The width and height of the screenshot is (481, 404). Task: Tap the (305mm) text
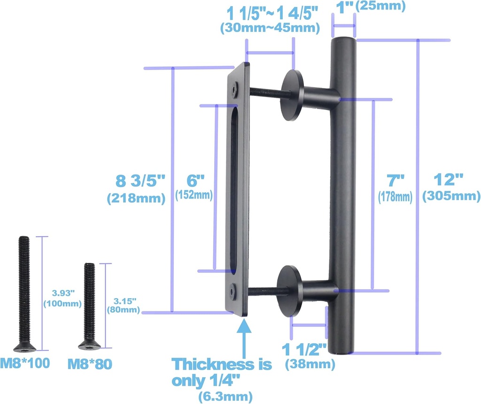(x=451, y=197)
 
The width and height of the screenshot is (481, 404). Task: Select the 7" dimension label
(x=395, y=180)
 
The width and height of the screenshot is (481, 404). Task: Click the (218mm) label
(x=136, y=198)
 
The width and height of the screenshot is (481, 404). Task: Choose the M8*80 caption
(x=90, y=364)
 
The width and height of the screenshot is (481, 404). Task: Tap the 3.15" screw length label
(x=125, y=300)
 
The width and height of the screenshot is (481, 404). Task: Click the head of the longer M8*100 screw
(x=24, y=347)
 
